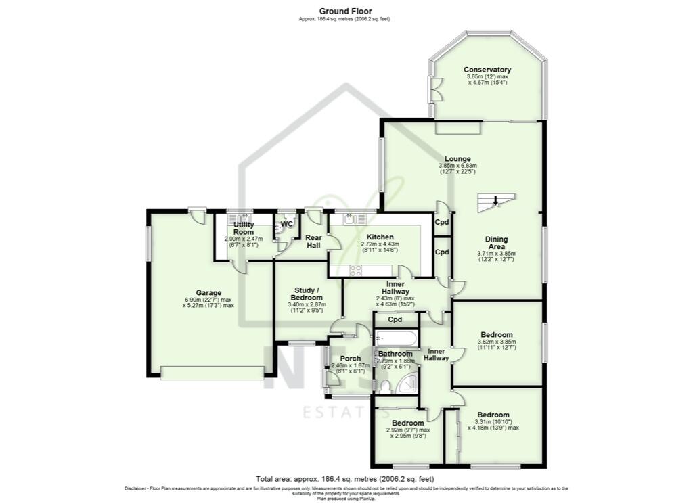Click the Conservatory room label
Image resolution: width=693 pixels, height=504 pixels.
click(487, 70)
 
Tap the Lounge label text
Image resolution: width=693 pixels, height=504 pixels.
click(457, 159)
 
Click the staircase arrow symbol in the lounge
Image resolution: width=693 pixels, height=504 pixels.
click(496, 200)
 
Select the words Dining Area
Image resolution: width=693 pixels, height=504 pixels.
click(496, 243)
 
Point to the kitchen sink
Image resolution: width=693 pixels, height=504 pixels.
click(351, 219)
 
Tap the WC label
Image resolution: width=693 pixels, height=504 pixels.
click(287, 223)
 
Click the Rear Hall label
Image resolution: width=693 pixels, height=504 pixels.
click(314, 242)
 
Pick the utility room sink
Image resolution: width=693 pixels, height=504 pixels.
click(240, 219)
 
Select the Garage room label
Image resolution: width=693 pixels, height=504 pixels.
click(209, 293)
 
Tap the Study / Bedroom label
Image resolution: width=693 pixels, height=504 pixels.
click(305, 293)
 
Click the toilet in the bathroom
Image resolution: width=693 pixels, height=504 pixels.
click(384, 386)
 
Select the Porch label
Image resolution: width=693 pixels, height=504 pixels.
click(350, 359)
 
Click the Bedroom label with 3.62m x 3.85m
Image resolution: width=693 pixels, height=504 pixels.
click(496, 335)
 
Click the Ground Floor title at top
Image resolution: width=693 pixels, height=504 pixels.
click(345, 11)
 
